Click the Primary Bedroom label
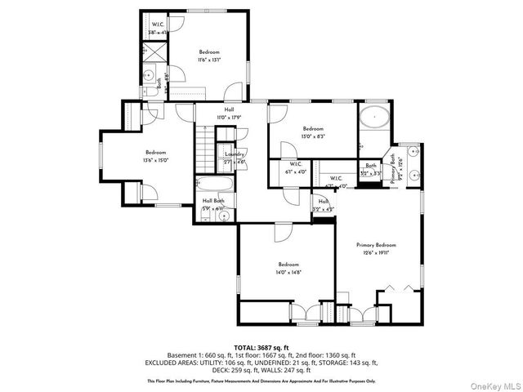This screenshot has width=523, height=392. coord(376,245)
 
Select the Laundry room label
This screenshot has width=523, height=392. coord(235,154)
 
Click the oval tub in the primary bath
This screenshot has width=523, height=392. coord(375,118)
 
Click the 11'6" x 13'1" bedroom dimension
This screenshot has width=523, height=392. coord(209,60)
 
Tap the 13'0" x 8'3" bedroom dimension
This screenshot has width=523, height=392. coord(314,137)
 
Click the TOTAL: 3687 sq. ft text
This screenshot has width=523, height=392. coord(261,347)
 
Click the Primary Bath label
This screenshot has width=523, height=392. coord(399,169)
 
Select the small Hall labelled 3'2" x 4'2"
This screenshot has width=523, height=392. coord(324,205)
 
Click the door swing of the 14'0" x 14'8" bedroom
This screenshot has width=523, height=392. coord(283,232)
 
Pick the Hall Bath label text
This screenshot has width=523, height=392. coord(214,200)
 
